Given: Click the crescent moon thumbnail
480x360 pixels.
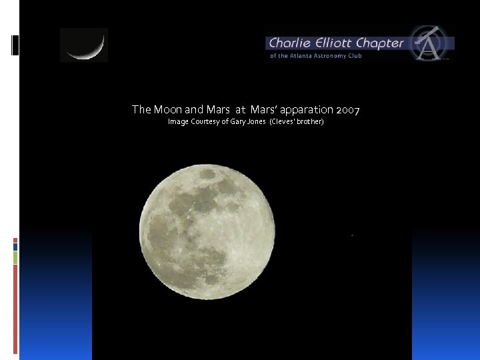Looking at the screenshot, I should pyautogui.click(x=84, y=45).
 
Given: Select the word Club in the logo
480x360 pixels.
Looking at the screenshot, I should pyautogui.click(x=355, y=56).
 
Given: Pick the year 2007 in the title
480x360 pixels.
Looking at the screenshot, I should pyautogui.click(x=348, y=109).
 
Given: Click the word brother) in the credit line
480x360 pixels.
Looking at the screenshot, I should pyautogui.click(x=309, y=122).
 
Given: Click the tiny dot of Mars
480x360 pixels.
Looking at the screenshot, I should pyautogui.click(x=352, y=235).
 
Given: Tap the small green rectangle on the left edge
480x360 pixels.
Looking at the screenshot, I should pyautogui.click(x=15, y=257).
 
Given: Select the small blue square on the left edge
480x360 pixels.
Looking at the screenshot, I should pyautogui.click(x=15, y=247).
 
